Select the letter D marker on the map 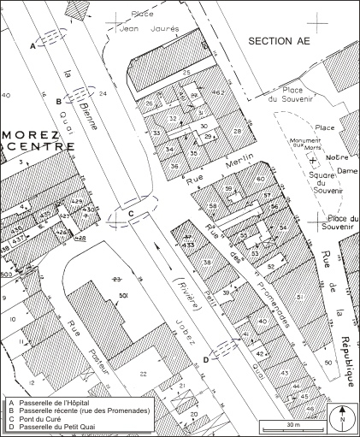(x=205, y=360)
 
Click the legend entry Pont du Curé (x=38, y=417)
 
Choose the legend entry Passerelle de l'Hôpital (x=51, y=403)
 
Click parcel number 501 (x=123, y=296)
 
